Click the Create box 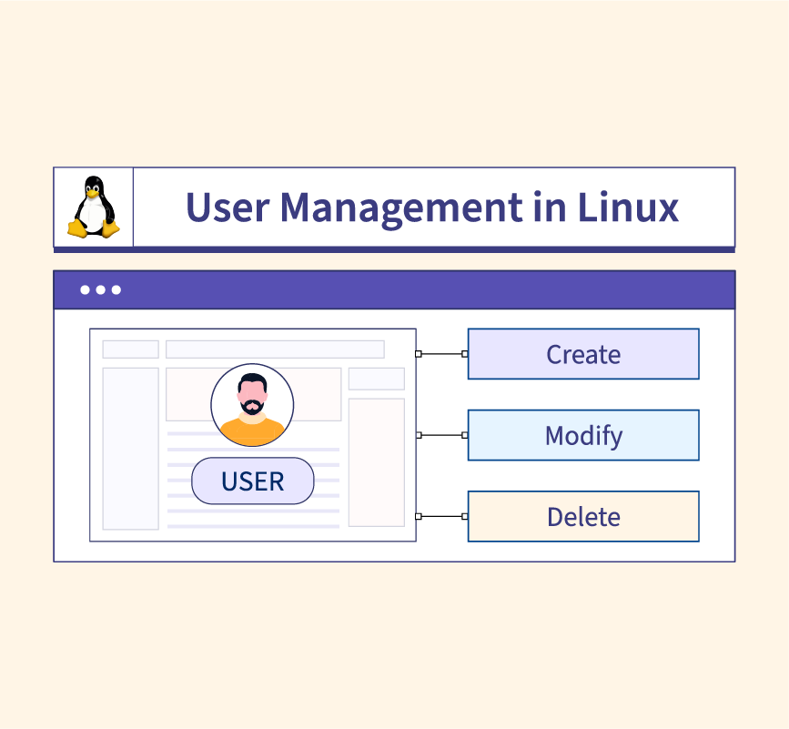(x=583, y=354)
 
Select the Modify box (x=583, y=435)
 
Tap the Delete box (x=583, y=516)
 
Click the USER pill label (x=253, y=481)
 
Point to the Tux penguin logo (x=94, y=207)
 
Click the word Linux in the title (x=628, y=207)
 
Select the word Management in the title (x=401, y=208)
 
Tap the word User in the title (x=228, y=207)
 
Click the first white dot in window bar (x=85, y=289)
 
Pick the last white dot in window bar (x=116, y=289)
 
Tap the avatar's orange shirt (x=252, y=430)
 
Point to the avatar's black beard (x=252, y=406)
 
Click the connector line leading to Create (x=441, y=354)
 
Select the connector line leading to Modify (x=441, y=435)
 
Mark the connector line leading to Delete (x=441, y=516)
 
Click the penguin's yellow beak (x=92, y=193)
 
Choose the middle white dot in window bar (x=101, y=289)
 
